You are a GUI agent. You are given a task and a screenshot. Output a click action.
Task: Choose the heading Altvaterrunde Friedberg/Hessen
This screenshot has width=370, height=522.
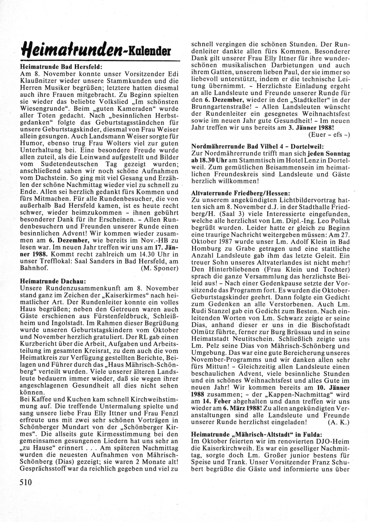pyautogui.click(x=241, y=192)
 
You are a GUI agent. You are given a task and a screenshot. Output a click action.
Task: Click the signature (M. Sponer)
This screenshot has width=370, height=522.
pyautogui.click(x=160, y=268)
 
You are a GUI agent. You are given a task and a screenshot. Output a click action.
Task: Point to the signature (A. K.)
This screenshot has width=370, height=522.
pyautogui.click(x=339, y=422)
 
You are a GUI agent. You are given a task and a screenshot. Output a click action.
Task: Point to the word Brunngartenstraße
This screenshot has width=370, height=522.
pyautogui.click(x=222, y=106)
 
